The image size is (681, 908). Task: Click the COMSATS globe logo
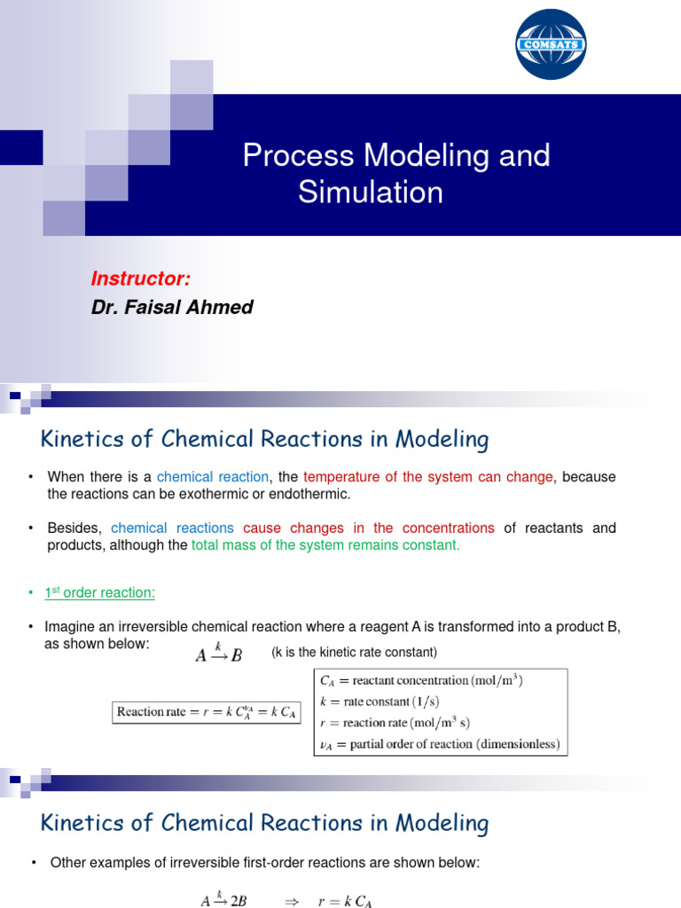pyautogui.click(x=551, y=44)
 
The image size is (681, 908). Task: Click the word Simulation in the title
pyautogui.click(x=370, y=192)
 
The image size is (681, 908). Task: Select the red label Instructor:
pyautogui.click(x=141, y=278)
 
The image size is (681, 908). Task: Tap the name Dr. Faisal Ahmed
pyautogui.click(x=172, y=308)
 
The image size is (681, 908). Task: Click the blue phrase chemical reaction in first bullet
pyautogui.click(x=213, y=477)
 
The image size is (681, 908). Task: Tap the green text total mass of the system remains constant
pyautogui.click(x=325, y=545)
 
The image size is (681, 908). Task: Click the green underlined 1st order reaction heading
pyautogui.click(x=100, y=591)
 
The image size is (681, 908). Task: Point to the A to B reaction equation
pyautogui.click(x=218, y=655)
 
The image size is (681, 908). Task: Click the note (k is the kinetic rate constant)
pyautogui.click(x=355, y=653)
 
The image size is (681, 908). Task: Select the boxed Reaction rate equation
pyautogui.click(x=207, y=711)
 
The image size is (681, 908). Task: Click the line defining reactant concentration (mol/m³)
pyautogui.click(x=421, y=681)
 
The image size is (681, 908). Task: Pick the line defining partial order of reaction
pyautogui.click(x=439, y=744)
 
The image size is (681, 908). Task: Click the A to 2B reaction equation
pyautogui.click(x=223, y=901)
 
